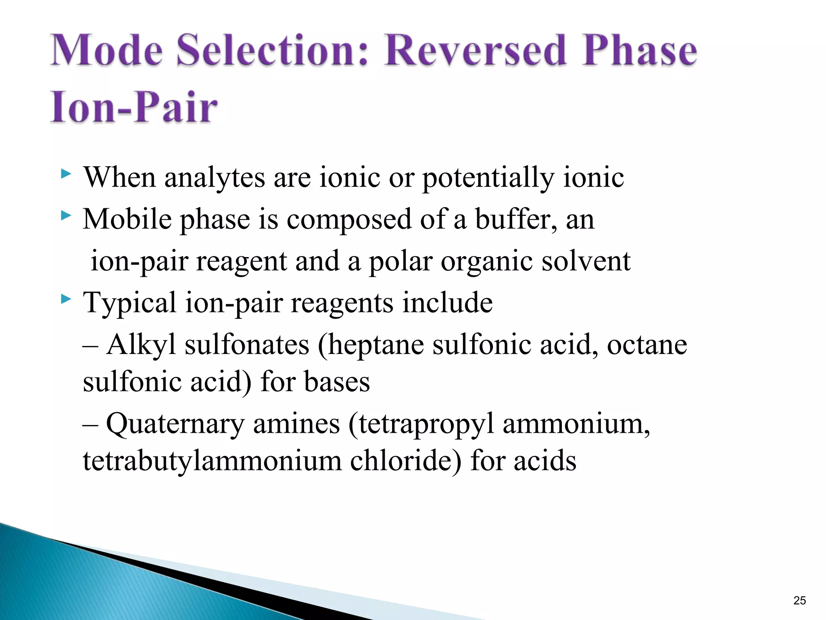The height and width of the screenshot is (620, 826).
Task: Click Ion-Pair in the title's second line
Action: [x=133, y=107]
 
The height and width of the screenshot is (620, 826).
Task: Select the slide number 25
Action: [x=799, y=600]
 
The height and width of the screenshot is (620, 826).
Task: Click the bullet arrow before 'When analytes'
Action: [x=66, y=174]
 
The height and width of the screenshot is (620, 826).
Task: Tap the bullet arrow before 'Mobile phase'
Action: [x=66, y=216]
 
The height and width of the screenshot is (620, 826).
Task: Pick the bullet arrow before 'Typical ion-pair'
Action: [x=66, y=300]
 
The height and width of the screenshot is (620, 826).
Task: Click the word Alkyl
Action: [x=141, y=345]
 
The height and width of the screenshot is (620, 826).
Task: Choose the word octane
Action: [x=647, y=345]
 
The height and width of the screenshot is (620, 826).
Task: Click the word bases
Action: [x=337, y=381]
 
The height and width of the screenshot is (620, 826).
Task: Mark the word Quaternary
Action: [x=175, y=424]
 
